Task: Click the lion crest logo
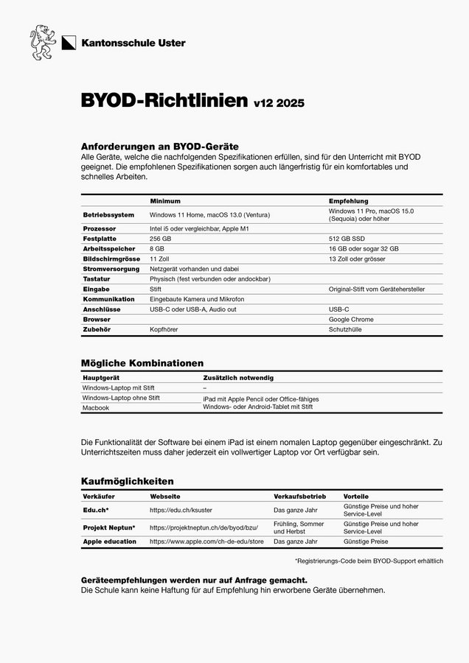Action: coord(43,43)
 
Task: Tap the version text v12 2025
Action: coord(279,103)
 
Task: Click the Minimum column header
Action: coord(165,201)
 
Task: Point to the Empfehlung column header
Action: coord(348,201)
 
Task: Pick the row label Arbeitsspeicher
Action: coord(109,249)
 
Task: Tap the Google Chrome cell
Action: coord(351,320)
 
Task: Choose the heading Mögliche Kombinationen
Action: coord(142,363)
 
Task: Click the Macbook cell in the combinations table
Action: coord(96,407)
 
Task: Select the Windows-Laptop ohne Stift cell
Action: coord(121,398)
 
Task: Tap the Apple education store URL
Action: coord(206,541)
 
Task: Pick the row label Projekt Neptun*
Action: coord(108,527)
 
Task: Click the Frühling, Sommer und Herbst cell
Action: coord(299,527)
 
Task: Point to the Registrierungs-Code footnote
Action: coord(368,561)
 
